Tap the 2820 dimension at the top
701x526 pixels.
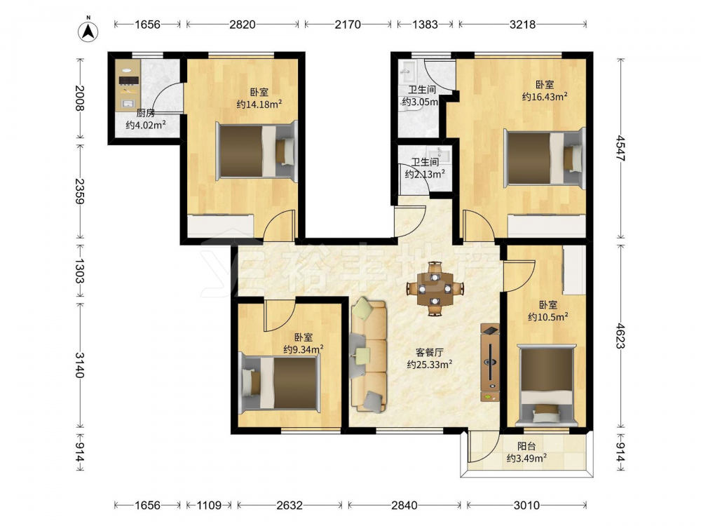click(243, 24)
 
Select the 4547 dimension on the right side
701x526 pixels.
click(620, 148)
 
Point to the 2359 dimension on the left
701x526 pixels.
click(80, 191)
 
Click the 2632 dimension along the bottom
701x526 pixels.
click(290, 506)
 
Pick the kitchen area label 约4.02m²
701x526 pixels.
click(146, 125)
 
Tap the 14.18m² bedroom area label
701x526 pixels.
click(259, 104)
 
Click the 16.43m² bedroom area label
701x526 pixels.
click(545, 97)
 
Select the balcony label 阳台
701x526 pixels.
click(526, 446)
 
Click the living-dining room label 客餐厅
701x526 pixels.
click(429, 353)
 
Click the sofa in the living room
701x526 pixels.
click(369, 356)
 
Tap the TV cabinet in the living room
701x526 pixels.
click(490, 363)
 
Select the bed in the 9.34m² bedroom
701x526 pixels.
click(280, 383)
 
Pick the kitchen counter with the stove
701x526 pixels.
click(128, 85)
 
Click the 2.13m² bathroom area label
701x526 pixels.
click(425, 175)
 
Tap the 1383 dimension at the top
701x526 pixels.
click(425, 24)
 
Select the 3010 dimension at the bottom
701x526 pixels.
click(526, 506)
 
